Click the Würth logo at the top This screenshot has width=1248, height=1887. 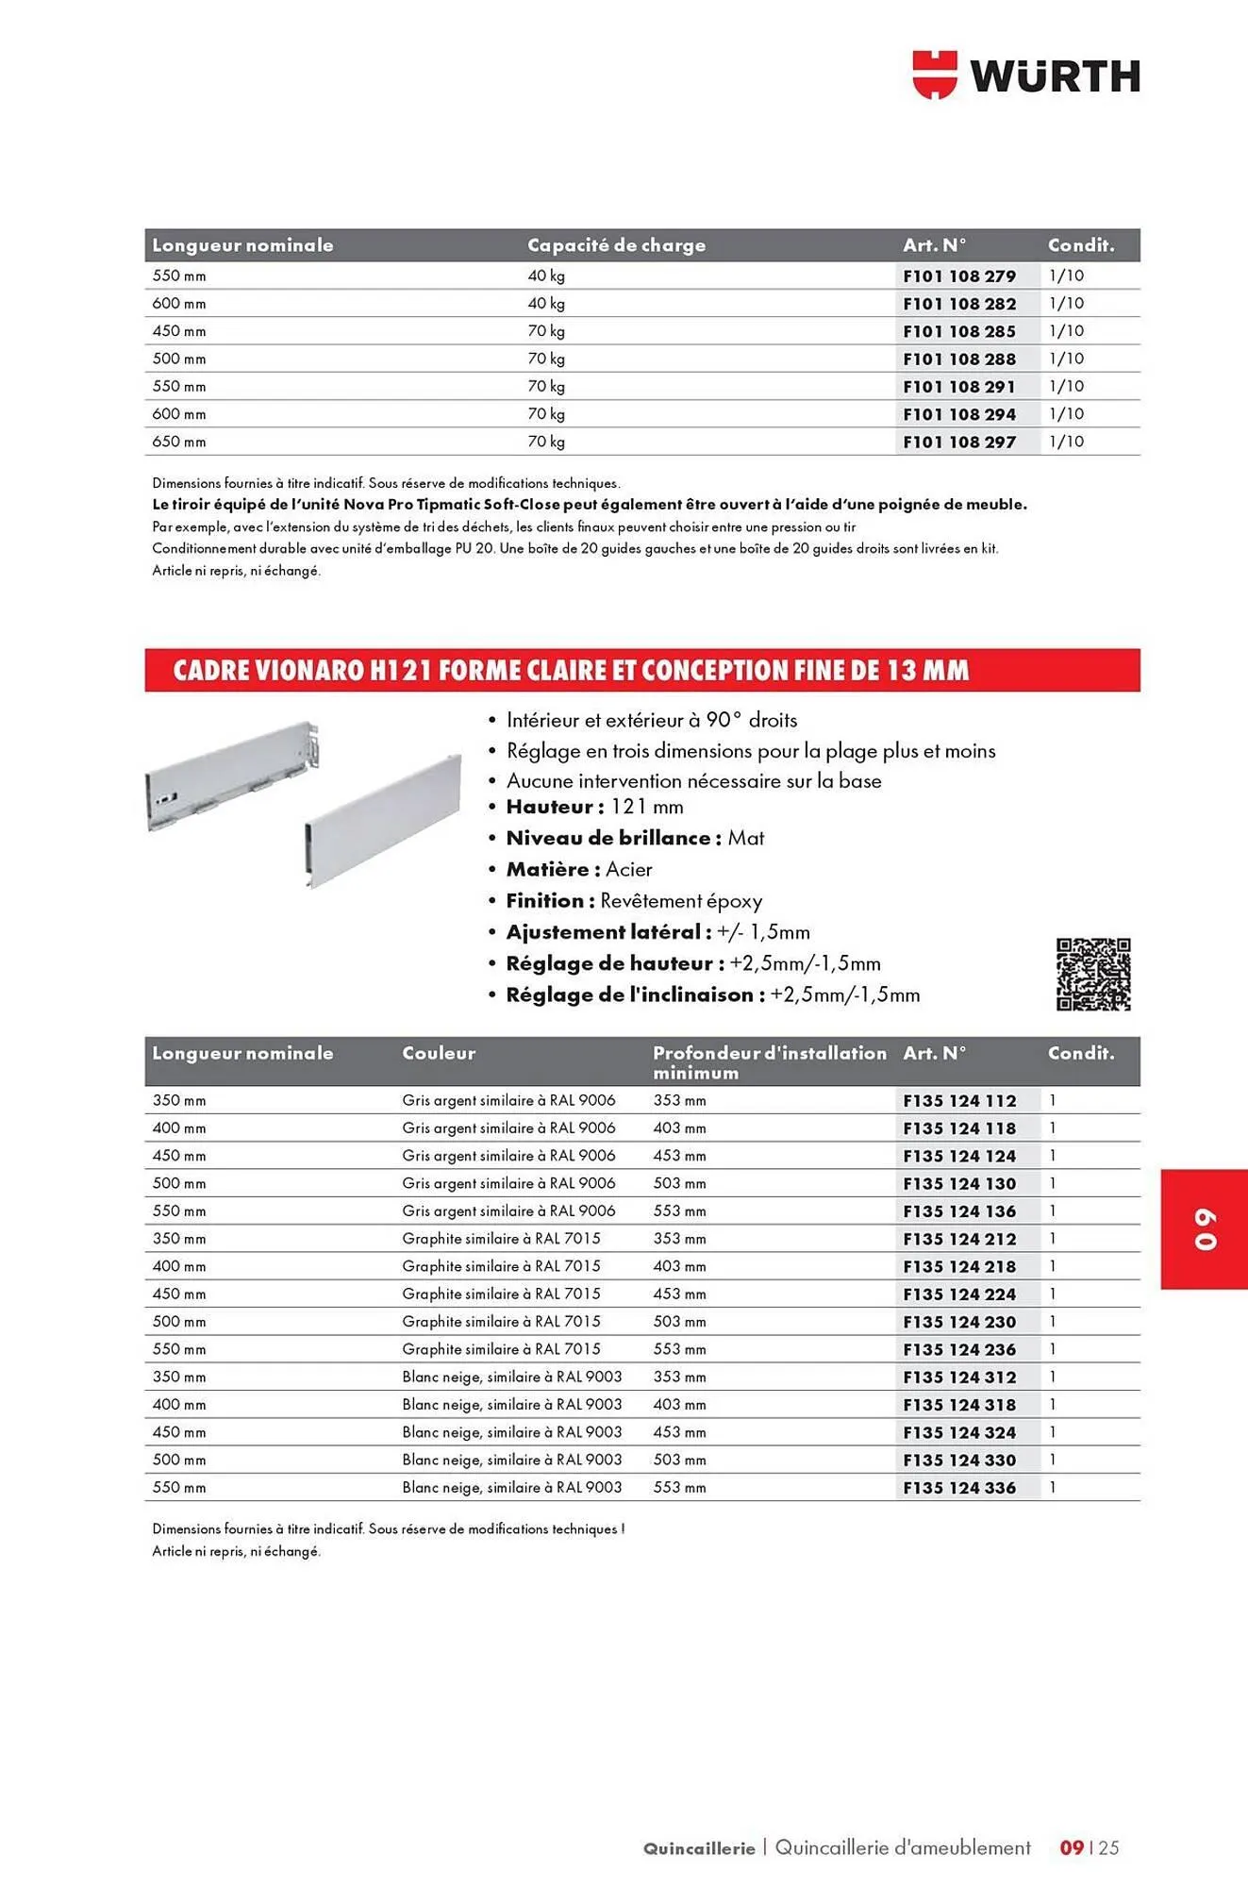point(1026,75)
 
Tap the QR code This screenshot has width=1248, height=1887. point(1093,975)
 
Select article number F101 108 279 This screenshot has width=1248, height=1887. point(959,276)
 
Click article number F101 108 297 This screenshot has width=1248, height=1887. point(959,442)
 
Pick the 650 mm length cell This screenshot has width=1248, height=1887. point(179,442)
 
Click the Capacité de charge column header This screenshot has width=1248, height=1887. point(616,245)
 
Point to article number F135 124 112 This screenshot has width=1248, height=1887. point(959,1101)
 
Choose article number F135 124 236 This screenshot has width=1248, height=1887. point(959,1349)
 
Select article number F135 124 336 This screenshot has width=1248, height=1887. point(959,1488)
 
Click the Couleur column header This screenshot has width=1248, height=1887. point(439,1053)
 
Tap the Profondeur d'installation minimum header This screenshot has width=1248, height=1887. point(769,1062)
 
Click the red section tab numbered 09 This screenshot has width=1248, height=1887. point(1205,1229)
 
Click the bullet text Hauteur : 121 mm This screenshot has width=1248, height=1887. point(594,807)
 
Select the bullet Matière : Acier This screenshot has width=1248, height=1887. point(578,869)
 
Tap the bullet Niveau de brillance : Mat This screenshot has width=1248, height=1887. point(635,838)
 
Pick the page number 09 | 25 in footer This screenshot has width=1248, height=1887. point(1090,1847)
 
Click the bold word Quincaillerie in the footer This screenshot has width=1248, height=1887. point(699,1848)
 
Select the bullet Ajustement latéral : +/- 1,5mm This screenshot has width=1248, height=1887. point(657,932)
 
